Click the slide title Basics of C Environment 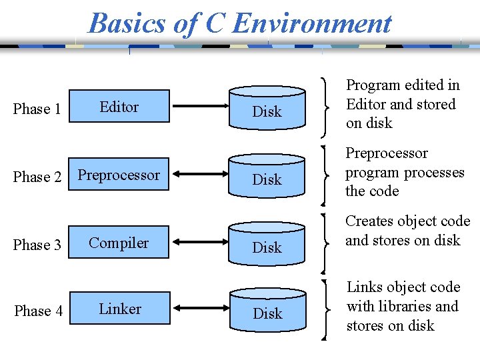pyautogui.click(x=240, y=23)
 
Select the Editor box pyautogui.click(x=119, y=107)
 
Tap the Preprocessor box pyautogui.click(x=119, y=175)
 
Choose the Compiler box pyautogui.click(x=119, y=243)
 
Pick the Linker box pyautogui.click(x=120, y=309)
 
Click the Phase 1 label pyautogui.click(x=37, y=109)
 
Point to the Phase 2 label pyautogui.click(x=37, y=177)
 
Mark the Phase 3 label pyautogui.click(x=37, y=245)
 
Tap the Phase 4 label pyautogui.click(x=38, y=311)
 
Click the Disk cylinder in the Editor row pyautogui.click(x=267, y=108)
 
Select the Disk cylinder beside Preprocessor pyautogui.click(x=267, y=176)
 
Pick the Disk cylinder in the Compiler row pyautogui.click(x=267, y=244)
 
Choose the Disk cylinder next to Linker pyautogui.click(x=267, y=310)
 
